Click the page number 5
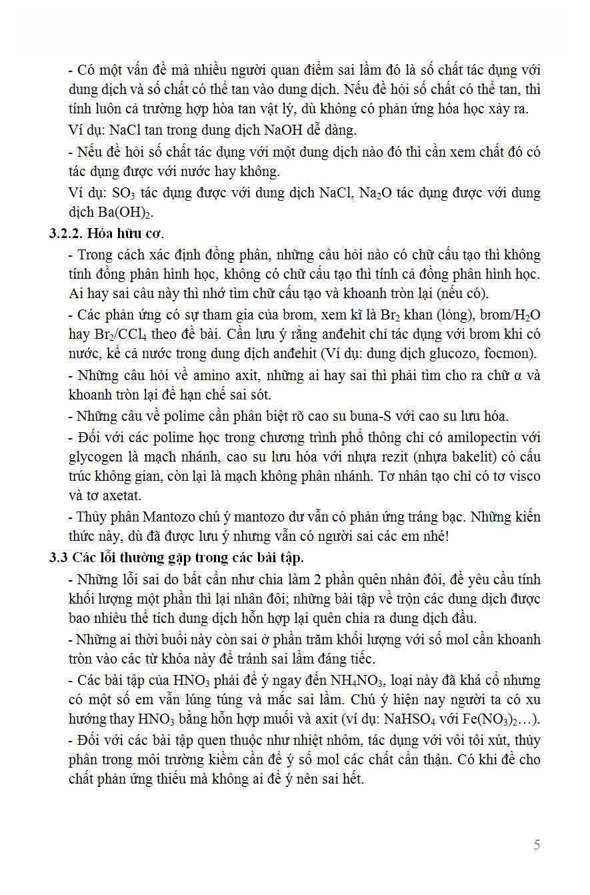(537, 845)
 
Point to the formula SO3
(122, 194)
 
